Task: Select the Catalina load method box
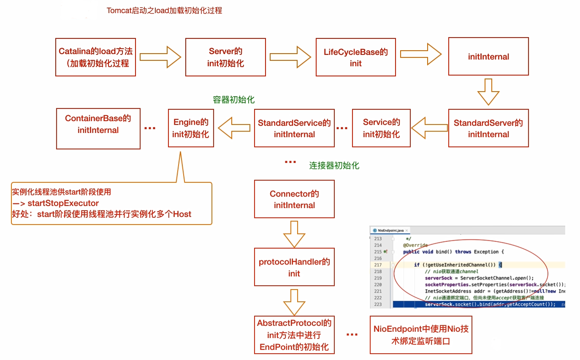(95, 57)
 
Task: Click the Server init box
(225, 57)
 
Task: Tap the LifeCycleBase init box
(355, 57)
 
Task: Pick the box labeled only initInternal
(488, 57)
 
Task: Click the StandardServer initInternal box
(488, 128)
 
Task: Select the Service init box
(381, 128)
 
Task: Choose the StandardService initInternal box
(294, 128)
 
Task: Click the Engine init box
(191, 128)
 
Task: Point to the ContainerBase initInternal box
(98, 128)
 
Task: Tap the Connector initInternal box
(294, 199)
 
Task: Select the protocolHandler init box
(294, 267)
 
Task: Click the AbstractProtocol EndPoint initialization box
(294, 335)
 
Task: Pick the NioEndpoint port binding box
(421, 335)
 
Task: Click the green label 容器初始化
(233, 100)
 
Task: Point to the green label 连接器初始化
(334, 165)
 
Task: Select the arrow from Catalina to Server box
(160, 57)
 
